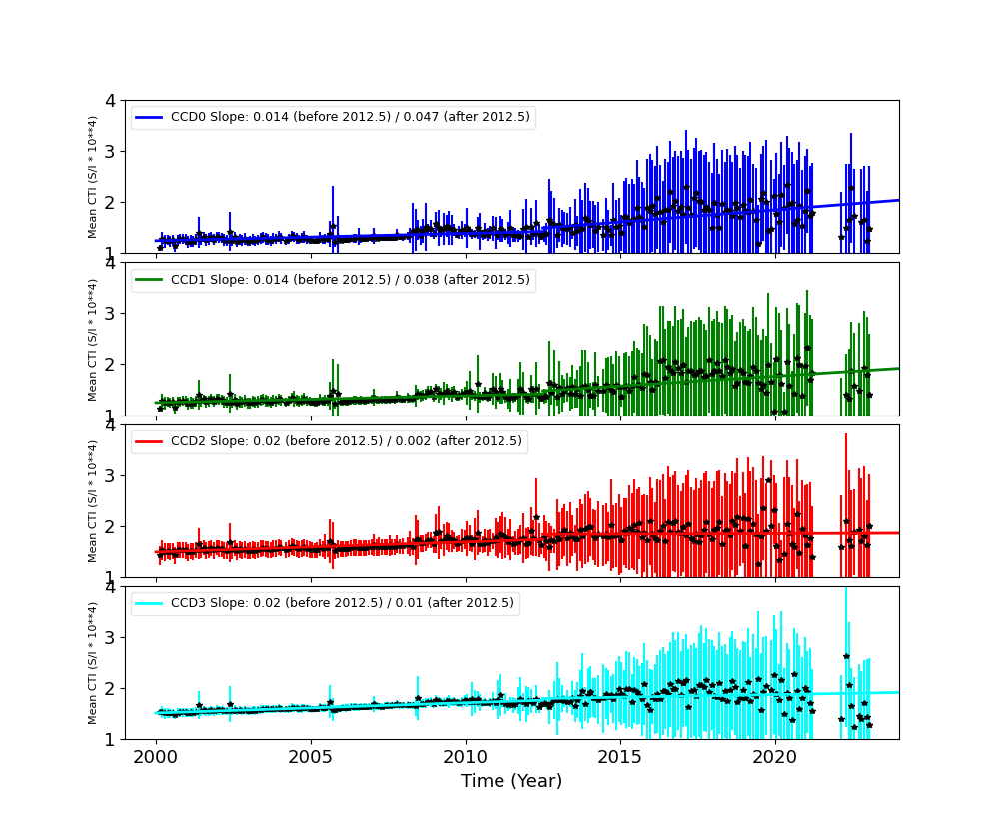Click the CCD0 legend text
350,117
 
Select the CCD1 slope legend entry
350,280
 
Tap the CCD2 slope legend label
346,441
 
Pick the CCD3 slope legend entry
342,603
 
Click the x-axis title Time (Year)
511,781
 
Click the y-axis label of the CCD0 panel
93,177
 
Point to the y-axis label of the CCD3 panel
93,663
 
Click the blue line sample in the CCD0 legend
150,117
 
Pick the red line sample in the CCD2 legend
150,441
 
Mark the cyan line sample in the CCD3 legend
150,603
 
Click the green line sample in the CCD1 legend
150,280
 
